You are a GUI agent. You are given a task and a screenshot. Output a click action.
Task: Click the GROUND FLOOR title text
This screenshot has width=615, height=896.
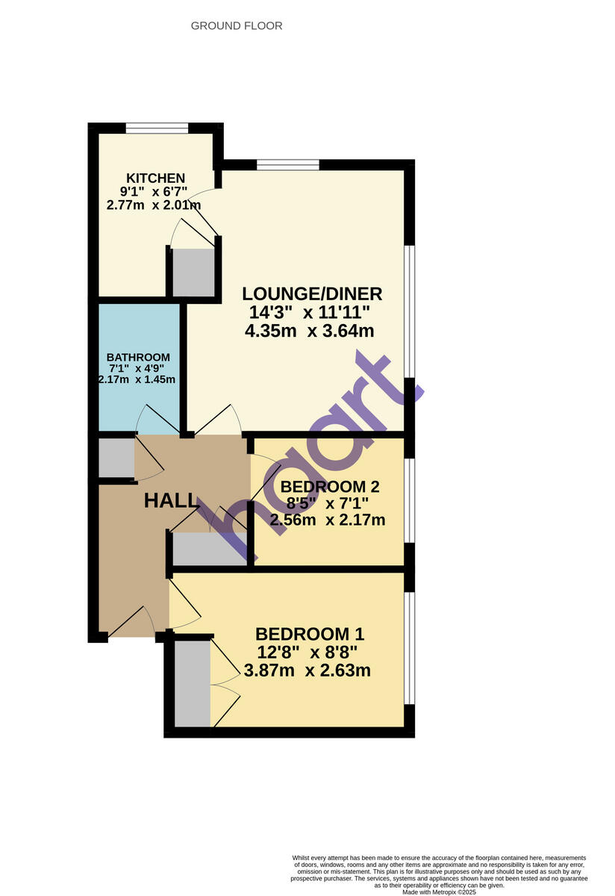coord(237,26)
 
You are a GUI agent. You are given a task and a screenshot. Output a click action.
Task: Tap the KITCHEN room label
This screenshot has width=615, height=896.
coord(155,178)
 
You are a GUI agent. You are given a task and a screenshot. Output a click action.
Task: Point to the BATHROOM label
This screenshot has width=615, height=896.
coord(137,357)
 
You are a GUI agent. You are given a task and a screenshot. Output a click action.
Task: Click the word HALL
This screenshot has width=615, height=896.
coord(171,500)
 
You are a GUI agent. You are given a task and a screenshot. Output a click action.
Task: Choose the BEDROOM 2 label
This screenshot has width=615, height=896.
coord(330,487)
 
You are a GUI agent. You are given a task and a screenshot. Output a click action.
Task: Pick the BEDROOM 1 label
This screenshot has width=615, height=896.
coord(310,634)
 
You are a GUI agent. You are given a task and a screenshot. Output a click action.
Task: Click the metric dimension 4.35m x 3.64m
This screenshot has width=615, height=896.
coord(309,331)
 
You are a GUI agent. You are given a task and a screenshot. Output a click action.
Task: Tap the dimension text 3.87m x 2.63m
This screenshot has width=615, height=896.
coord(307,670)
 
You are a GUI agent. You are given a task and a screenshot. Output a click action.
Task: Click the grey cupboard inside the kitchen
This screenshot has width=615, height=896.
coord(193,273)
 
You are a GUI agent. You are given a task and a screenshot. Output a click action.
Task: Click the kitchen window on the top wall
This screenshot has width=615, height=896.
coord(157,128)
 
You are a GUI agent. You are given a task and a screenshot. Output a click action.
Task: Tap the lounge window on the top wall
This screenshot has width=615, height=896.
coord(288,164)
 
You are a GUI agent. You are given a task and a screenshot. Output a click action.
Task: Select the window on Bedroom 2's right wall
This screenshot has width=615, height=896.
coord(409,500)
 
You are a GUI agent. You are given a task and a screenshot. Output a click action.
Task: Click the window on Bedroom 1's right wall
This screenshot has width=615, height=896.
coord(409,647)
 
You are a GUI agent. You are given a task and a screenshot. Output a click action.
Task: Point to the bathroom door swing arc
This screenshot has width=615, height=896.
coord(153,418)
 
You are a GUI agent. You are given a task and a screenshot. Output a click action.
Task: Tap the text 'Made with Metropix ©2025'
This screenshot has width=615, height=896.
coord(439,892)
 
